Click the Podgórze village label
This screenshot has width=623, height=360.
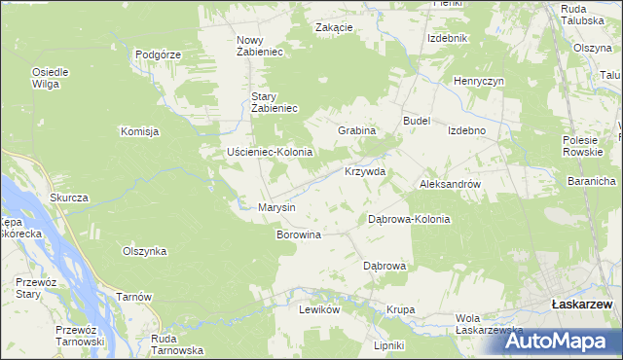pyautogui.click(x=159, y=54)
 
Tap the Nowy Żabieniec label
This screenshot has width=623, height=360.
pyautogui.click(x=259, y=46)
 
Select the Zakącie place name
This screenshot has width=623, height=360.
pyautogui.click(x=333, y=27)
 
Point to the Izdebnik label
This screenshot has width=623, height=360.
pyautogui.click(x=449, y=38)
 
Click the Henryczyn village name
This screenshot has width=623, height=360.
pyautogui.click(x=478, y=81)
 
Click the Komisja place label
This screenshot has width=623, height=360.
pyautogui.click(x=139, y=131)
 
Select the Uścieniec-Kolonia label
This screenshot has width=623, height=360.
pyautogui.click(x=269, y=153)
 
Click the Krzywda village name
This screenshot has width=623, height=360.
pyautogui.click(x=365, y=171)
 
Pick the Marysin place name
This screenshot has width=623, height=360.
pyautogui.click(x=275, y=207)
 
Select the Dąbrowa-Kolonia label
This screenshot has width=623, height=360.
pyautogui.click(x=409, y=219)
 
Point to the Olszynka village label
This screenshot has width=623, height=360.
pyautogui.click(x=144, y=251)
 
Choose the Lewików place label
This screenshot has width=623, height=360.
pyautogui.click(x=318, y=309)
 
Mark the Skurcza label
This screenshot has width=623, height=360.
pyautogui.click(x=69, y=198)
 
